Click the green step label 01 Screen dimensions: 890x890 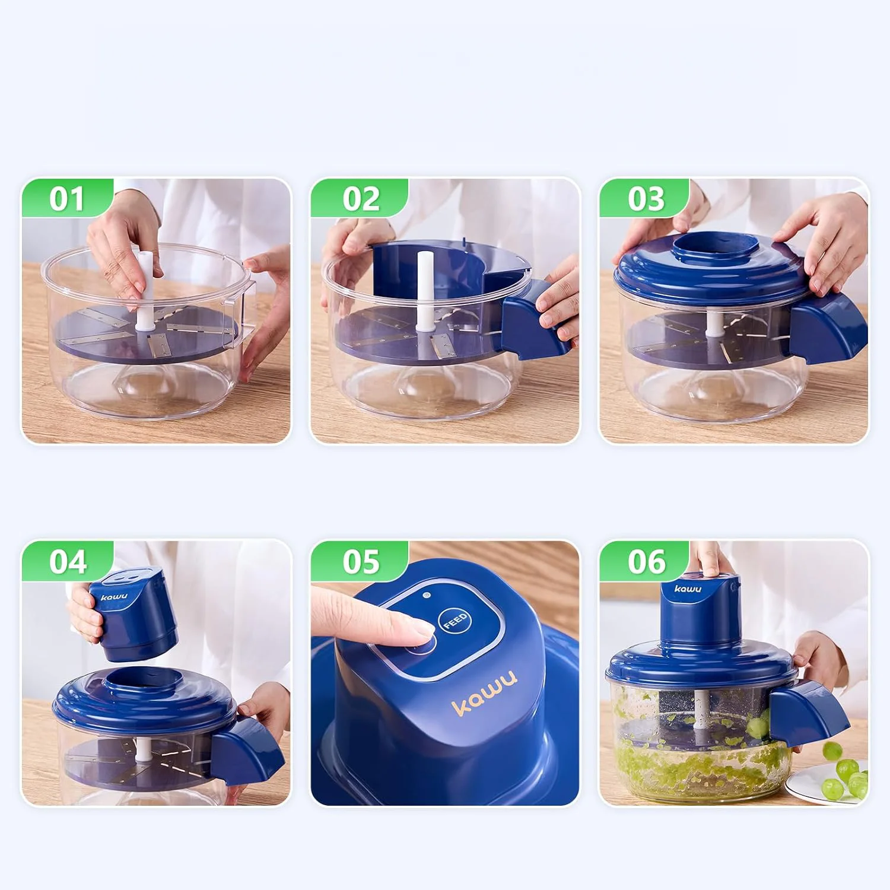pyautogui.click(x=66, y=199)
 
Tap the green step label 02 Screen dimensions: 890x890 pyautogui.click(x=360, y=199)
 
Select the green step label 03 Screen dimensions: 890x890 pyautogui.click(x=646, y=199)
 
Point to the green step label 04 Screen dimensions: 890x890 pyautogui.click(x=68, y=561)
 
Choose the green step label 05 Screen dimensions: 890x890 pyautogui.click(x=360, y=561)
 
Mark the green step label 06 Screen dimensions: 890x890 pyautogui.click(x=646, y=561)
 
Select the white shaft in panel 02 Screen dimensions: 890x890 pyautogui.click(x=424, y=291)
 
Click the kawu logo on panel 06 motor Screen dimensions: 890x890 pyautogui.click(x=688, y=589)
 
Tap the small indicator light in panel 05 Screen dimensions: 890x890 pyautogui.click(x=426, y=595)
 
